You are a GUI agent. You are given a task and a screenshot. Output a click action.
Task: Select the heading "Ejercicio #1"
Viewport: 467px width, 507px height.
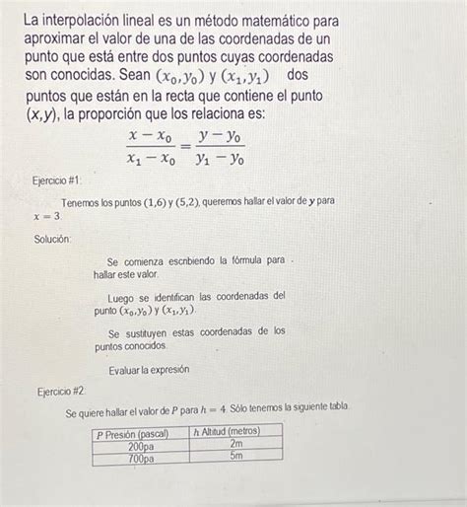click(x=61, y=181)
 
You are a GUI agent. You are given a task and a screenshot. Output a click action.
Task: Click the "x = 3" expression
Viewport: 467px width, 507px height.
click(x=46, y=216)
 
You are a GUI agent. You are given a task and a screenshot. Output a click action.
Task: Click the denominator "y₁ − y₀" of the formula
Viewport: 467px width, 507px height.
click(x=221, y=157)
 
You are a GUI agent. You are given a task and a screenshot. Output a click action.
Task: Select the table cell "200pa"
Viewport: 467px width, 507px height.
click(x=142, y=445)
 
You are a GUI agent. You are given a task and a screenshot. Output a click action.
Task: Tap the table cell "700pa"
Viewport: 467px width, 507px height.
click(x=142, y=458)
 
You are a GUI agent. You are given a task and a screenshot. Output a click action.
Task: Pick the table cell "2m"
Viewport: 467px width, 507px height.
click(x=236, y=445)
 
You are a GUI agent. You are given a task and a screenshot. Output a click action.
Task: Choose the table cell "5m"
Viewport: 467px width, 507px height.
click(x=236, y=458)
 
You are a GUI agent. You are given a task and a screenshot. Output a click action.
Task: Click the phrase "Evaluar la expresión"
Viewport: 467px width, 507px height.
click(x=150, y=369)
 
